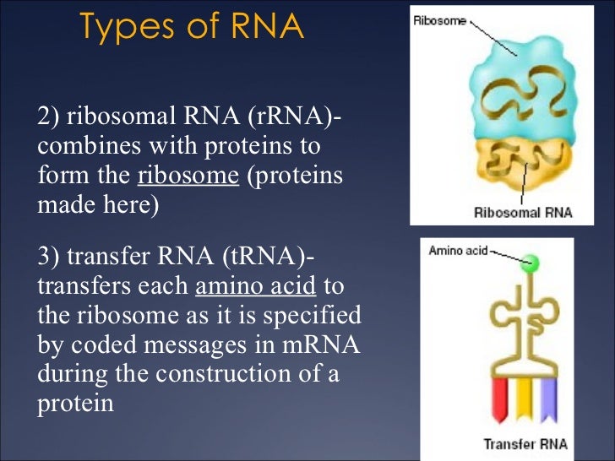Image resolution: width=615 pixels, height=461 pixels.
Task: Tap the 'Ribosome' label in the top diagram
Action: [x=439, y=20]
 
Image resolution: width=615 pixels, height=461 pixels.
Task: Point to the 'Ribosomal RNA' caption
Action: [x=523, y=212]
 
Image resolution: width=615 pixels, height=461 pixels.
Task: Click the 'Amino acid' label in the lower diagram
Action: [x=458, y=251]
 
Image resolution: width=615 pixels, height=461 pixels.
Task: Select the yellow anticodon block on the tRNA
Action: [x=523, y=396]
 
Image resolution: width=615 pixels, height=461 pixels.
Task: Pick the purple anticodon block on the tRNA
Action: [x=547, y=396]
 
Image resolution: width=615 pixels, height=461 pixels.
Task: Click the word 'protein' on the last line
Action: [x=75, y=404]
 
